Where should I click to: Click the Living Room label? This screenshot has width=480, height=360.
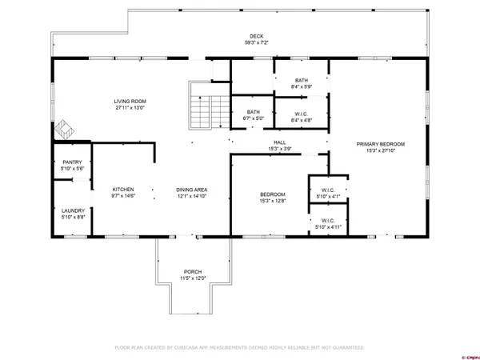coord(130,102)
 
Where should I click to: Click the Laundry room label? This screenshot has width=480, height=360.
coord(72,212)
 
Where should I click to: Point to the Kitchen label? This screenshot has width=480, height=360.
coord(122,190)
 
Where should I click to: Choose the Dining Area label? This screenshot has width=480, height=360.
coord(192,190)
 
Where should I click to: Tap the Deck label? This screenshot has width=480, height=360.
coord(256,36)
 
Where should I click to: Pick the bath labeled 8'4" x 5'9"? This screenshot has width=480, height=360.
coord(301,80)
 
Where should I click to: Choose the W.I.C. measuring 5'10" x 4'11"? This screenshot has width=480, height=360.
coord(327,222)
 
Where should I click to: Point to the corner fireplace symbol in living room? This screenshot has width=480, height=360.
coord(62,129)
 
